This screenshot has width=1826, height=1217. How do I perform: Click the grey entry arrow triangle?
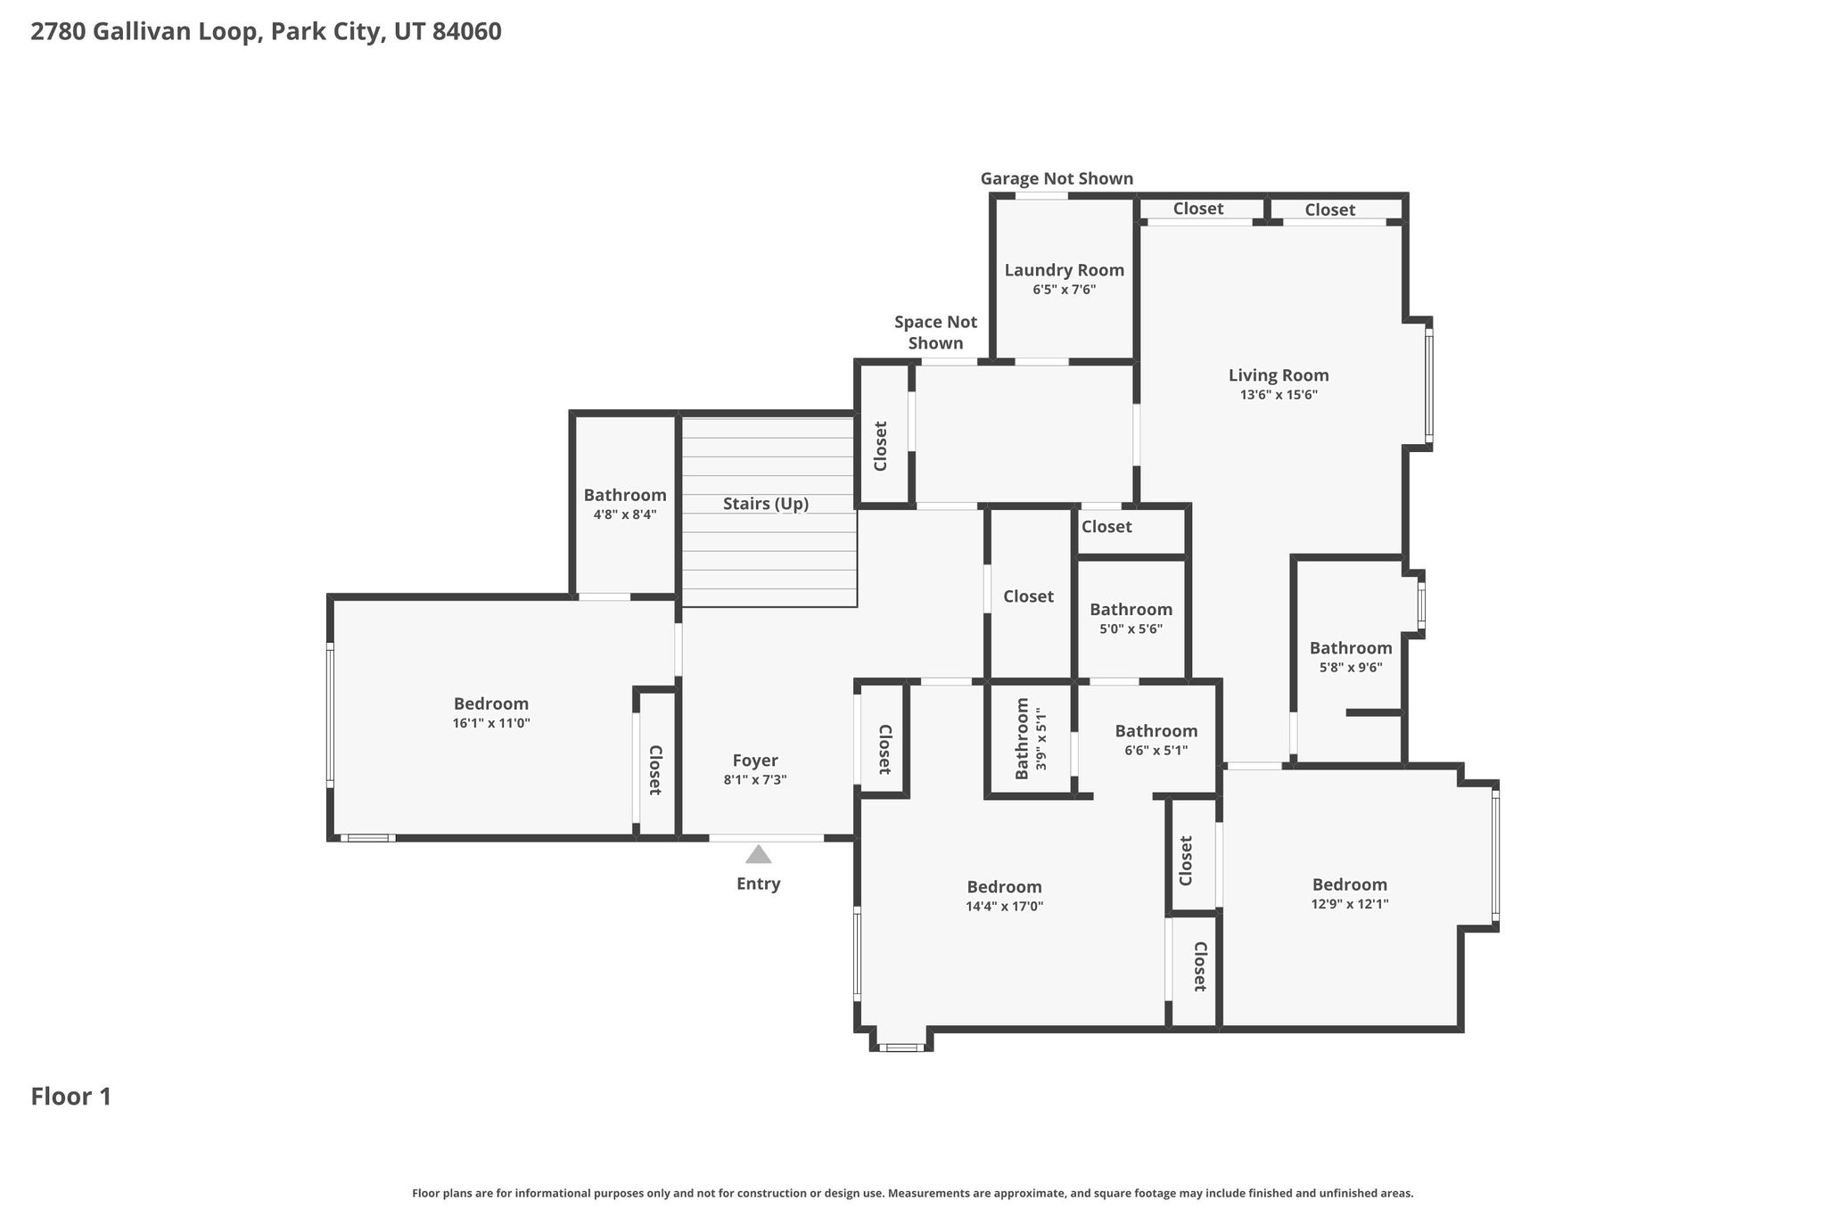[758, 854]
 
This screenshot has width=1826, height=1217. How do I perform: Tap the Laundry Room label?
[1064, 270]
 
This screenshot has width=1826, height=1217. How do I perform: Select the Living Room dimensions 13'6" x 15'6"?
[1279, 395]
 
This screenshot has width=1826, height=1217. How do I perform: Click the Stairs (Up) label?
[766, 504]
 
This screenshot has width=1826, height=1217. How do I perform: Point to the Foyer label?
[755, 761]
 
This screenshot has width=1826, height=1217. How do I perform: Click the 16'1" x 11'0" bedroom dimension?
[491, 723]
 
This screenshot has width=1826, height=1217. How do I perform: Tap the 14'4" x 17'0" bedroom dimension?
[1005, 907]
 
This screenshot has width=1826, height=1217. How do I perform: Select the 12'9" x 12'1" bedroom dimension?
[1350, 904]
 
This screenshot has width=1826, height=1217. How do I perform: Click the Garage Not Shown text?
[1057, 178]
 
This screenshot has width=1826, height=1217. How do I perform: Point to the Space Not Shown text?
[935, 333]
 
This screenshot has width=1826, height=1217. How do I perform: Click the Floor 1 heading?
[71, 1097]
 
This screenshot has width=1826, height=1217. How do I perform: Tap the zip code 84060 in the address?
[466, 32]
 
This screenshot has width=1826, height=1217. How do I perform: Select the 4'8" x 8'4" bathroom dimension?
[625, 514]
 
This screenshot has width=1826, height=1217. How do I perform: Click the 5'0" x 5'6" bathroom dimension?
[1131, 629]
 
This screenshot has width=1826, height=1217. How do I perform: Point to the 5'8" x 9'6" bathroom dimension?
[1351, 668]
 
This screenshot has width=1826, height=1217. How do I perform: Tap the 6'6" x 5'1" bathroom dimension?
[1156, 751]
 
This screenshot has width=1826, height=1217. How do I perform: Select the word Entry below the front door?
[758, 884]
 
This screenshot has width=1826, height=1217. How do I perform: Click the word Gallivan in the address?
[134, 32]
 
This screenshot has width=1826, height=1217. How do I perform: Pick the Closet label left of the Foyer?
[654, 770]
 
